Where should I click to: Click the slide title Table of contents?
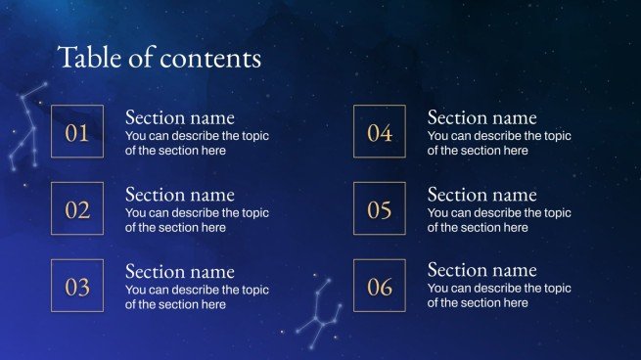(160, 58)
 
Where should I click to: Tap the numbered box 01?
(76, 133)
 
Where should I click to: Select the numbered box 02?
(76, 209)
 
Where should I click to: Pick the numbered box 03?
(76, 287)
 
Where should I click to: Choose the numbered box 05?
(379, 209)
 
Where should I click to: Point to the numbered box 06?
(379, 287)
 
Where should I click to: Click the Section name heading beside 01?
(180, 117)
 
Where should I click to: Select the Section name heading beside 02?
(180, 195)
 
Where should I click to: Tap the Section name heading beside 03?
(180, 271)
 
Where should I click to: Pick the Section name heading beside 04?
(482, 117)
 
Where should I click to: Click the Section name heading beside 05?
(482, 195)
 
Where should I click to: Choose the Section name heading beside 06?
(482, 270)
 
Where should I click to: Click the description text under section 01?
(197, 144)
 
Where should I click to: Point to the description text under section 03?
(197, 297)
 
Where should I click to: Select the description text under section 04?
(499, 144)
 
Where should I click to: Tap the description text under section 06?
(499, 296)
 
